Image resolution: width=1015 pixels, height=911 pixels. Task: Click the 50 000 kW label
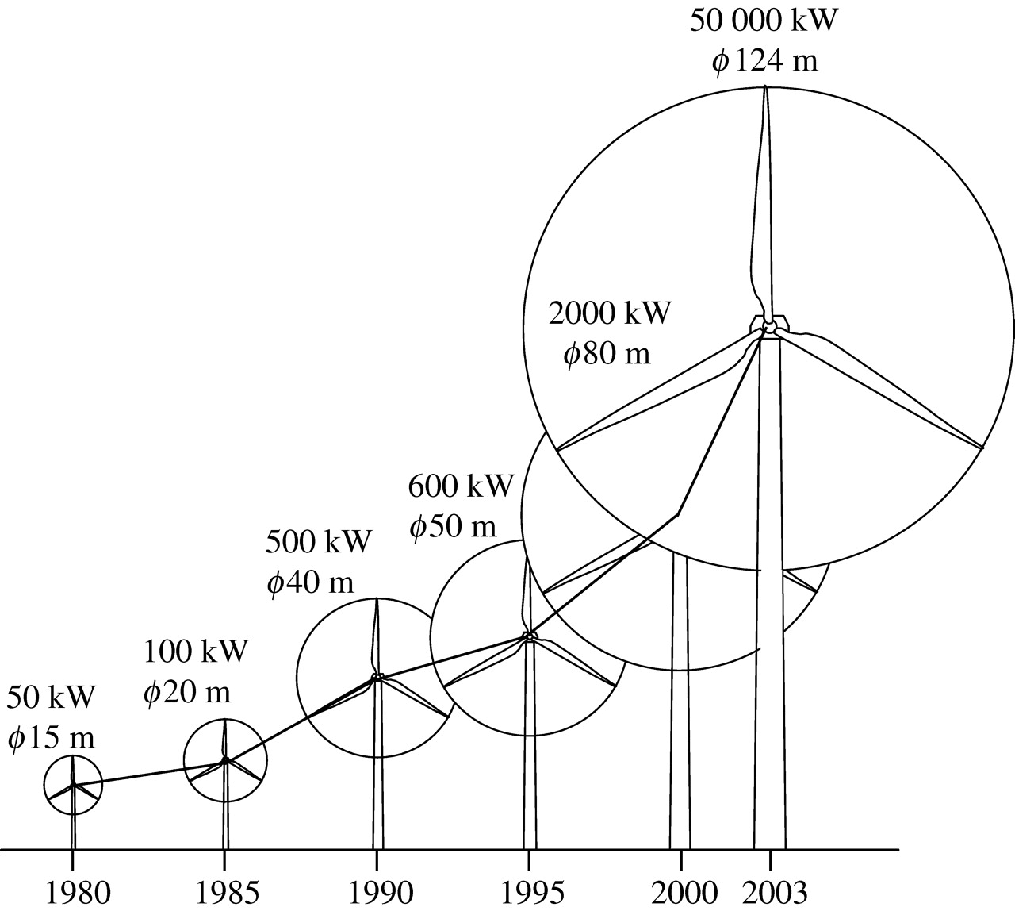point(763,20)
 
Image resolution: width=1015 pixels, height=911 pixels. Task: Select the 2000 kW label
point(610,313)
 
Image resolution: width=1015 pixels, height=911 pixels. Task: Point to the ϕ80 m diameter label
point(607,354)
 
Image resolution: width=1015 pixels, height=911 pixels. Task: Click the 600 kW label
point(462,485)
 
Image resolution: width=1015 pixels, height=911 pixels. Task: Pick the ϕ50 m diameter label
point(453,526)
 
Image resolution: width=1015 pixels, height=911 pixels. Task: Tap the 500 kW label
point(318,542)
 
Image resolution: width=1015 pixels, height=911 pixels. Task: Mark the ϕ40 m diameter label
point(310,583)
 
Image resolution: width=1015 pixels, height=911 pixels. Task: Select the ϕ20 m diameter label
point(187,692)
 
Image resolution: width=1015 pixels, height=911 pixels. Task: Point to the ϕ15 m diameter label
point(52,738)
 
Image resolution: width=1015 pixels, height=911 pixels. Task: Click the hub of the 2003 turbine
point(768,325)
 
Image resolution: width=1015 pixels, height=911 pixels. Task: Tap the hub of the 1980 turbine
point(73,785)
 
